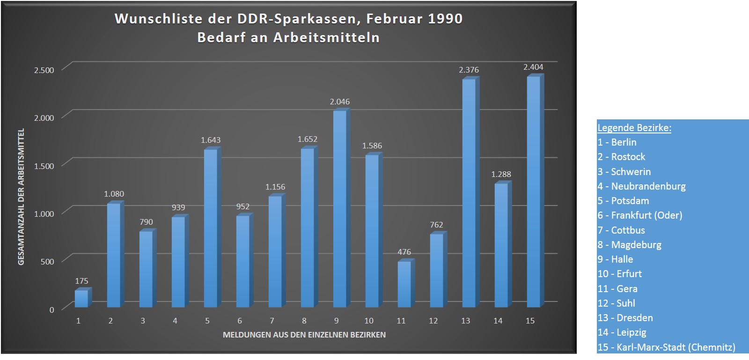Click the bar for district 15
pyautogui.click(x=533, y=192)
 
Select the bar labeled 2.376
pyautogui.click(x=469, y=193)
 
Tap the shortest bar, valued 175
pyautogui.click(x=81, y=299)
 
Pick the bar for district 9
pyautogui.click(x=339, y=209)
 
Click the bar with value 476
pyautogui.click(x=404, y=284)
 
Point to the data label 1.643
pyautogui.click(x=211, y=140)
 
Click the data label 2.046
pyautogui.click(x=339, y=102)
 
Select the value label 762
pyautogui.click(x=436, y=225)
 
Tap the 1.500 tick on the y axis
pyautogui.click(x=44, y=166)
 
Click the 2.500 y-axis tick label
pyautogui.click(x=44, y=70)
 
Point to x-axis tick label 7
pyautogui.click(x=272, y=321)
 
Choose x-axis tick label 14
pyautogui.click(x=498, y=321)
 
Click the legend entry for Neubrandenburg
pyautogui.click(x=641, y=186)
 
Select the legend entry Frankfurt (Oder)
pyautogui.click(x=639, y=215)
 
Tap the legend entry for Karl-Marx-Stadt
pyautogui.click(x=666, y=347)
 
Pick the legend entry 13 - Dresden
pyautogui.click(x=625, y=318)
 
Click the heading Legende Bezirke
pyautogui.click(x=634, y=128)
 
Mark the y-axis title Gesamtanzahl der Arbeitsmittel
pyautogui.click(x=21, y=197)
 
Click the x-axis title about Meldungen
pyautogui.click(x=304, y=335)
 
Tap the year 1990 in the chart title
pyautogui.click(x=445, y=19)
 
